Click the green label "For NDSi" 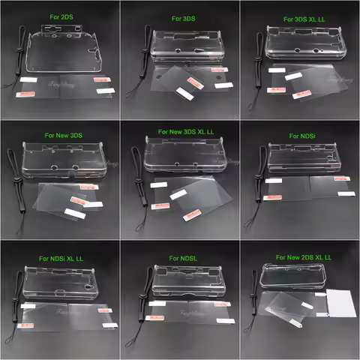coord(304,136)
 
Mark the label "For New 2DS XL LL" coord(304,257)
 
